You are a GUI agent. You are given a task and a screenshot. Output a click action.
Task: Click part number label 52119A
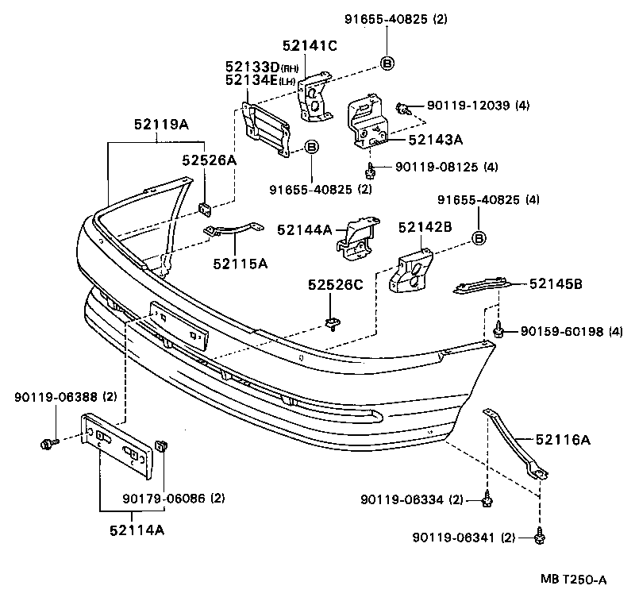(x=161, y=124)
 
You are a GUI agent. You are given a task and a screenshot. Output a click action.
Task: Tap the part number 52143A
(x=435, y=140)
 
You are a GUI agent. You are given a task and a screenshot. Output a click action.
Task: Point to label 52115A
(x=240, y=262)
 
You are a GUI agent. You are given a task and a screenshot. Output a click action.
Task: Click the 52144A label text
(x=304, y=229)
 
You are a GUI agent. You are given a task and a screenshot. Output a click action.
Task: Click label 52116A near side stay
(x=562, y=438)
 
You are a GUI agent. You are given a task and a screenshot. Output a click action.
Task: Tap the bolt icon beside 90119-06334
(x=485, y=499)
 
